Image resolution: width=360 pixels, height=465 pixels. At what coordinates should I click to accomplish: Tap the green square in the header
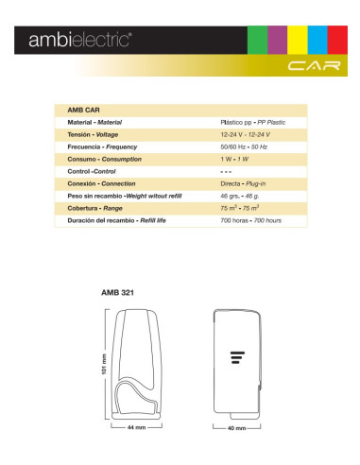[256, 42]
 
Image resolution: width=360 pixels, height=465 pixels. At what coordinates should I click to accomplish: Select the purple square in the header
[277, 42]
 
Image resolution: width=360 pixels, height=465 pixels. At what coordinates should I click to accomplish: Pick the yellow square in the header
[298, 42]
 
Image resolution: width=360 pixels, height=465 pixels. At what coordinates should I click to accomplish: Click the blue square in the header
[317, 42]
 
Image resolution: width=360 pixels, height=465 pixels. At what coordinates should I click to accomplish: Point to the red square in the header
[337, 42]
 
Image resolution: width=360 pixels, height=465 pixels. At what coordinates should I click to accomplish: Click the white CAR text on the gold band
[307, 66]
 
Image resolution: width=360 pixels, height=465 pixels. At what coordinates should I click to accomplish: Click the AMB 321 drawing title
[117, 293]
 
